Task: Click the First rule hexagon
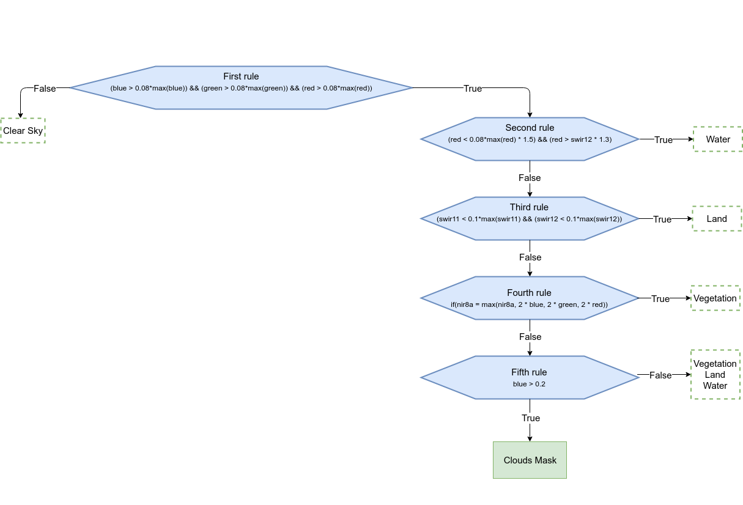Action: [241, 87]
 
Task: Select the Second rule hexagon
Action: [530, 139]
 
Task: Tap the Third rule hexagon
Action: [530, 218]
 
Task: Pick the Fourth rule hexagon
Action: [530, 298]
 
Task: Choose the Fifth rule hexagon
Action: [530, 377]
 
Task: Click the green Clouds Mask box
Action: [530, 460]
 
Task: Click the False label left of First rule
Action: [45, 89]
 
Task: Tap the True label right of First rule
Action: [472, 89]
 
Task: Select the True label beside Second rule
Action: [663, 140]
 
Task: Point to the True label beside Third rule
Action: [662, 219]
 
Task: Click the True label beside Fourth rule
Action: [660, 299]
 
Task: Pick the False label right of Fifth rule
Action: [660, 375]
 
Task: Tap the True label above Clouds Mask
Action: [530, 418]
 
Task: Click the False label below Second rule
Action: [530, 178]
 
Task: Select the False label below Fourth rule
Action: [530, 337]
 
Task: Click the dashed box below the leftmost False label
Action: [23, 130]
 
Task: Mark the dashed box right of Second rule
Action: [717, 139]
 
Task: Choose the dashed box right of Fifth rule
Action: [715, 374]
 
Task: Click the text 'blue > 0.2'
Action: [529, 385]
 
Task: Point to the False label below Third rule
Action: [530, 257]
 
